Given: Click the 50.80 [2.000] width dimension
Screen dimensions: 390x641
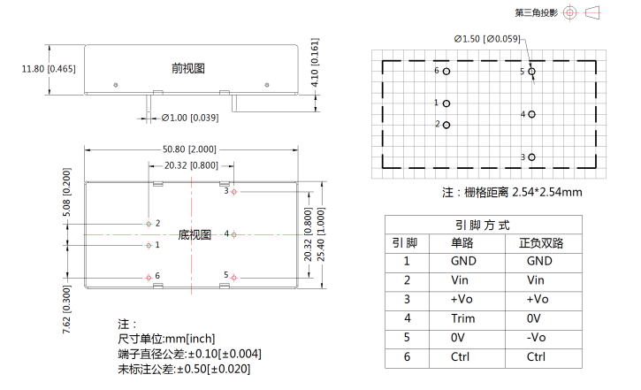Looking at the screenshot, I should pos(189,149).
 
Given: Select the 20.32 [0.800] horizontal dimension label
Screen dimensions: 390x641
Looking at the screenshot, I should pos(190,164).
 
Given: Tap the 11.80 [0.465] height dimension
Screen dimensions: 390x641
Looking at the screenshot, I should pos(50,69).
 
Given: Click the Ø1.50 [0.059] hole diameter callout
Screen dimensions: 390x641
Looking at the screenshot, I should pos(487,39).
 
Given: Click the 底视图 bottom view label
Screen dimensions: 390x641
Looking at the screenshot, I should pos(195,234).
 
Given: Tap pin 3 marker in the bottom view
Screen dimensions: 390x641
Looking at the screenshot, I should pos(233,191).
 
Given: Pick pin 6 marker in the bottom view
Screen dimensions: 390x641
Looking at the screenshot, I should pos(148,277).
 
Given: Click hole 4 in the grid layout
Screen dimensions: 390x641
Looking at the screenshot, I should pos(532,114).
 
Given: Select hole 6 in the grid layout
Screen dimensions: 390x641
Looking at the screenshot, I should pos(447,71).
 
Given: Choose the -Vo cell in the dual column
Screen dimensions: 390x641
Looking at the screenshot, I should pos(538,337).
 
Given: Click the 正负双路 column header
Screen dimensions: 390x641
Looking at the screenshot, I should pos(538,242).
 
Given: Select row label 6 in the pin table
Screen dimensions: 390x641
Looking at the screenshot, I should pos(407,356).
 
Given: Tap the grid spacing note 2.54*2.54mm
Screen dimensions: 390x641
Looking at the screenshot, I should pos(511,192).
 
